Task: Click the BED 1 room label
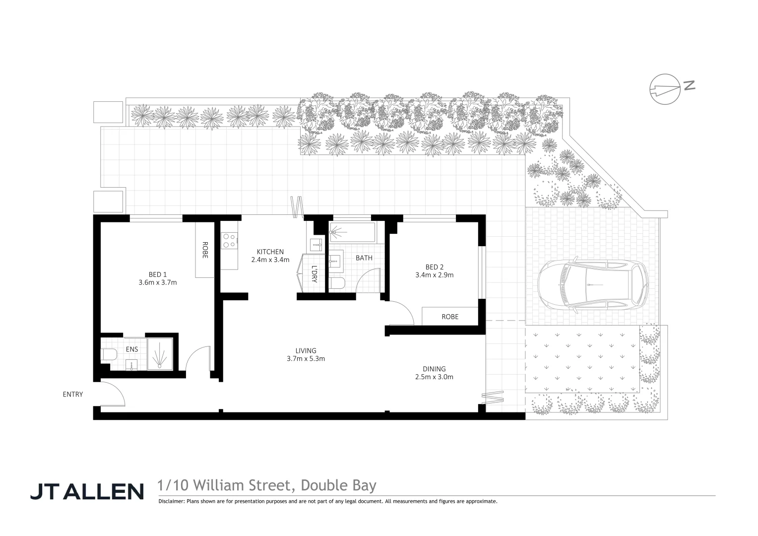[158, 274]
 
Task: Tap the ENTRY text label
[73, 395]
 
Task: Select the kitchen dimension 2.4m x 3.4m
[270, 260]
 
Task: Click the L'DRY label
[314, 274]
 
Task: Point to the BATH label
[364, 258]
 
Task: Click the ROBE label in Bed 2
[450, 317]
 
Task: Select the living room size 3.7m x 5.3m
[306, 359]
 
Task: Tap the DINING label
[434, 369]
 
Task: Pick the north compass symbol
[665, 89]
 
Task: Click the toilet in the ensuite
[109, 354]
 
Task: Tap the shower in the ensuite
[160, 354]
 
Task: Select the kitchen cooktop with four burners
[229, 241]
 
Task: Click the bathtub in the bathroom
[353, 232]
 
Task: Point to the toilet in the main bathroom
[337, 284]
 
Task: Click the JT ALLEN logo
[87, 491]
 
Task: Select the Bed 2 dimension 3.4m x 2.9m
[434, 275]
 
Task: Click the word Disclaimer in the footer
[171, 501]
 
